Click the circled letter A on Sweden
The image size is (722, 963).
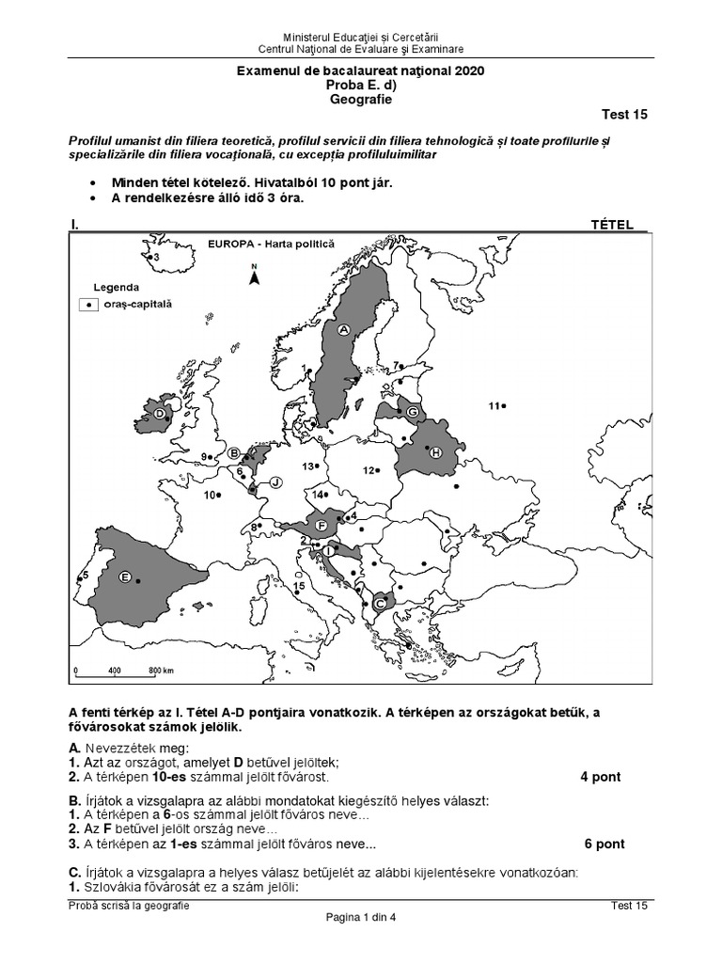[x=343, y=330]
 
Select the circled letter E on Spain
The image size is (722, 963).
[x=124, y=578]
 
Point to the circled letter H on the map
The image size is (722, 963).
[x=435, y=453]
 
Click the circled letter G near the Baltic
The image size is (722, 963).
[x=412, y=411]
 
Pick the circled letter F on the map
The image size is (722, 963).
[x=322, y=525]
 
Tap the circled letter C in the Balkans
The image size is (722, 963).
[x=380, y=603]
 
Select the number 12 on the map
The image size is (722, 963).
[x=369, y=470]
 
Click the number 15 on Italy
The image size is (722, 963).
[x=299, y=587]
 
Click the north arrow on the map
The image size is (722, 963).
[x=253, y=275]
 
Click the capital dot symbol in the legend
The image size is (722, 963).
[x=88, y=305]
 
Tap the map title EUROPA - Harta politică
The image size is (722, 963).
[x=269, y=243]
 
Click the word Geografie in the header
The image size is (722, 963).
[x=361, y=98]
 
